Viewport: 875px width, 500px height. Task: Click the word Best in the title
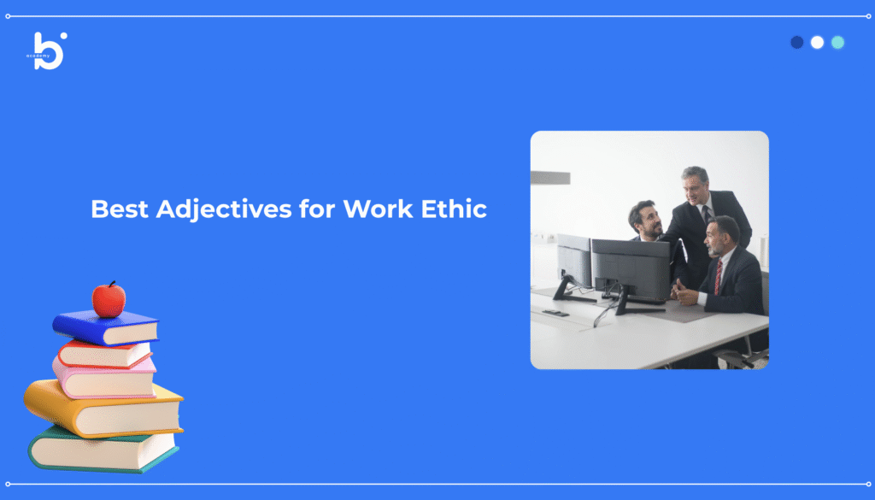[120, 209]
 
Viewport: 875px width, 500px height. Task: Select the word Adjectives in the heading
[224, 210]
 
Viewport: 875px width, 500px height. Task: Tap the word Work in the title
[378, 209]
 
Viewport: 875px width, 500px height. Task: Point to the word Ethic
[454, 209]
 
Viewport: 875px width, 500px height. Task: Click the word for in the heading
[317, 209]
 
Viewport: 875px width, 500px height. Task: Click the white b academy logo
[48, 50]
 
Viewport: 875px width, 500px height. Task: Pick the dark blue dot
[797, 43]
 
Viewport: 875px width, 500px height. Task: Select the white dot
[817, 43]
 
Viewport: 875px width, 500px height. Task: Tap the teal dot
[837, 43]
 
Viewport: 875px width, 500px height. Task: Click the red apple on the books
[109, 300]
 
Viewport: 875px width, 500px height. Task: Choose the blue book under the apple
[106, 327]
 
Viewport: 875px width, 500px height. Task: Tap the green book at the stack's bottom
[103, 450]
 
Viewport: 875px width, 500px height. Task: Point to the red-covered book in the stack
[105, 354]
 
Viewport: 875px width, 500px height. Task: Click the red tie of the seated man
[718, 277]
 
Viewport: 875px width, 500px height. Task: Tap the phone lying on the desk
[555, 313]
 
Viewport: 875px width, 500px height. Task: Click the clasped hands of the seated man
[684, 292]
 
